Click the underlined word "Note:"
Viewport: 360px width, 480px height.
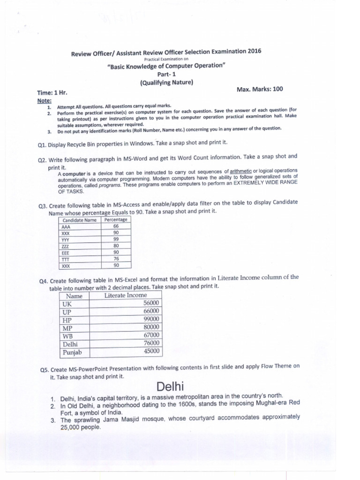(45, 101)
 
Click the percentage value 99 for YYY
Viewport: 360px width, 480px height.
(116, 239)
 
